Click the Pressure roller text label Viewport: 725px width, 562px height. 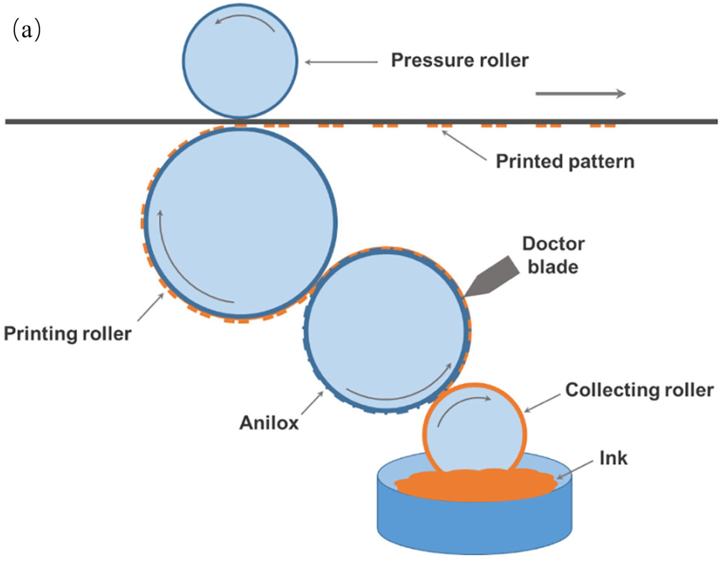(x=459, y=61)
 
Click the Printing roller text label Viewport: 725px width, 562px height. (x=67, y=334)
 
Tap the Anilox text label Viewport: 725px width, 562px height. (x=269, y=423)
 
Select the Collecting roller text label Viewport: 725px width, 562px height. (x=639, y=390)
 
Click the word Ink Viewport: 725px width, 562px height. (x=613, y=459)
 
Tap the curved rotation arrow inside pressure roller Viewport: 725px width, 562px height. (x=245, y=19)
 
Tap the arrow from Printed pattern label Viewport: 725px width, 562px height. (x=465, y=146)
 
